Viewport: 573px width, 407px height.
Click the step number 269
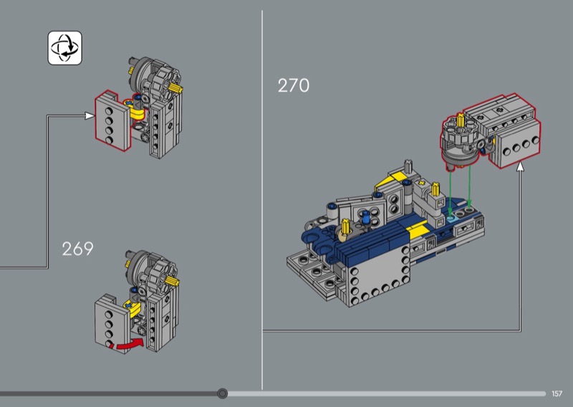[x=77, y=249]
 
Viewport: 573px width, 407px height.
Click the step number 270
[x=293, y=85]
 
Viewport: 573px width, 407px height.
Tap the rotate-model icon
[x=64, y=48]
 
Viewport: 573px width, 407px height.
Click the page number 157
[x=557, y=393]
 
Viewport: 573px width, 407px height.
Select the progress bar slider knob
[x=222, y=393]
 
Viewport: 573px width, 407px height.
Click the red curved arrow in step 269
[x=128, y=345]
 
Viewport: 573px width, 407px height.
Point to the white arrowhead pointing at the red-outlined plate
[x=89, y=116]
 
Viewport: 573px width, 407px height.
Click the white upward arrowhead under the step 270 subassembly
[x=520, y=167]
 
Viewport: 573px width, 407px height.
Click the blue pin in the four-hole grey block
[x=367, y=219]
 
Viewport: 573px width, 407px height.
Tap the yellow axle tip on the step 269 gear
[x=173, y=281]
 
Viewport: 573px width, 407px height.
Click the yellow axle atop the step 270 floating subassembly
[x=460, y=120]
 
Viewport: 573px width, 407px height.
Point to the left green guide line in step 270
[x=451, y=191]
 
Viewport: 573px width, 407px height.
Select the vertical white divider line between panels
[x=262, y=200]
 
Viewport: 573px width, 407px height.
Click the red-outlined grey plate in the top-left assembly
[x=112, y=120]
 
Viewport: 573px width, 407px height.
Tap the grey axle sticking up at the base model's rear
[x=408, y=166]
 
